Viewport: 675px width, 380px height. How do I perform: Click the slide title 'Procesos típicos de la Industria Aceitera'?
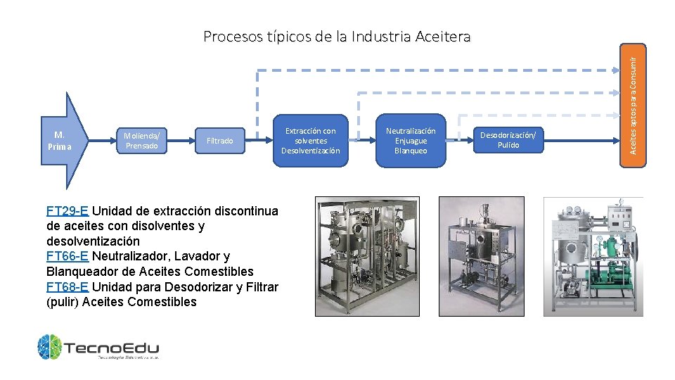(337, 37)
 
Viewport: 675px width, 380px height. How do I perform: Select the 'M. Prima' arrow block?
(60, 141)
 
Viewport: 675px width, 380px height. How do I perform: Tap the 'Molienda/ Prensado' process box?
(141, 141)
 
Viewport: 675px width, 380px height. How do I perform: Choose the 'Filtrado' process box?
(219, 141)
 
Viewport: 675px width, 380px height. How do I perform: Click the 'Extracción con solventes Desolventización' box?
(310, 141)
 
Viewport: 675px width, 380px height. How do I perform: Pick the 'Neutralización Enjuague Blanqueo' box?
(411, 141)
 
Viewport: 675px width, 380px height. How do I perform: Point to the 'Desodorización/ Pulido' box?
(508, 140)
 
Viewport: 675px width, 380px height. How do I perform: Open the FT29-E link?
(67, 211)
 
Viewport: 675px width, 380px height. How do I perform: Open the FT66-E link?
(67, 256)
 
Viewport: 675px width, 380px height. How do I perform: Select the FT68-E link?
(67, 287)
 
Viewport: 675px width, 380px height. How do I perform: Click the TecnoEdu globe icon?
(50, 347)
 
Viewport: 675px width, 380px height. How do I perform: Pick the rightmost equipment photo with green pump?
(593, 255)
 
